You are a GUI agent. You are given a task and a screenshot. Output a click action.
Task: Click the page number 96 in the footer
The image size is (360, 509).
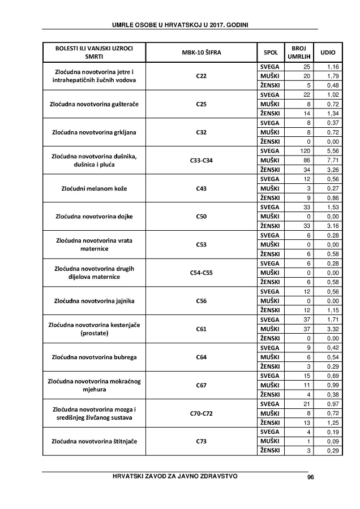(x=310, y=477)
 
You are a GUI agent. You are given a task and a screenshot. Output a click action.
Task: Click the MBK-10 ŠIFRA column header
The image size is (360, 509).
(x=201, y=53)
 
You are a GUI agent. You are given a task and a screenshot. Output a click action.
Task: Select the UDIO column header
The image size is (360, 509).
(x=328, y=53)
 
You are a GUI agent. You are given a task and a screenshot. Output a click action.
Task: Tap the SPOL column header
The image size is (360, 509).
(x=271, y=53)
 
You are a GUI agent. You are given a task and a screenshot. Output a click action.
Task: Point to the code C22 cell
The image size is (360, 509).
(x=201, y=76)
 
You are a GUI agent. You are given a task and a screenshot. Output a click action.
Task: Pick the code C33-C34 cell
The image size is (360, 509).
(x=201, y=161)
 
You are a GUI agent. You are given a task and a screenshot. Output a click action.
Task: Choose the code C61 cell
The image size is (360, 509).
(x=201, y=329)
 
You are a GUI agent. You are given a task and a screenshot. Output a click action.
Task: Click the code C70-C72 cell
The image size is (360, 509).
(x=201, y=413)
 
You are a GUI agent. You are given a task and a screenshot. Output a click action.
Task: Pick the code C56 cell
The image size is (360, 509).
(x=201, y=301)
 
